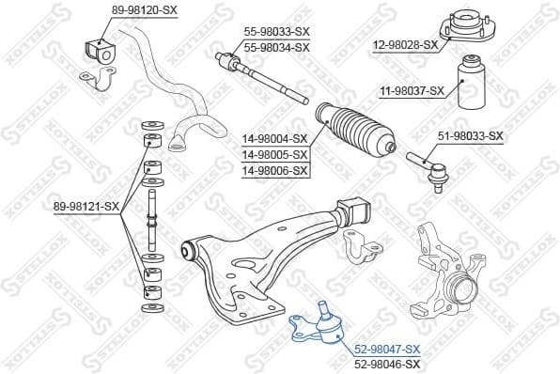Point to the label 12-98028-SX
click(x=406, y=44)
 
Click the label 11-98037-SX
click(x=412, y=90)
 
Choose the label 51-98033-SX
click(x=471, y=136)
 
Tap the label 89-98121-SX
click(x=86, y=206)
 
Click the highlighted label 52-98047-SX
click(x=387, y=349)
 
